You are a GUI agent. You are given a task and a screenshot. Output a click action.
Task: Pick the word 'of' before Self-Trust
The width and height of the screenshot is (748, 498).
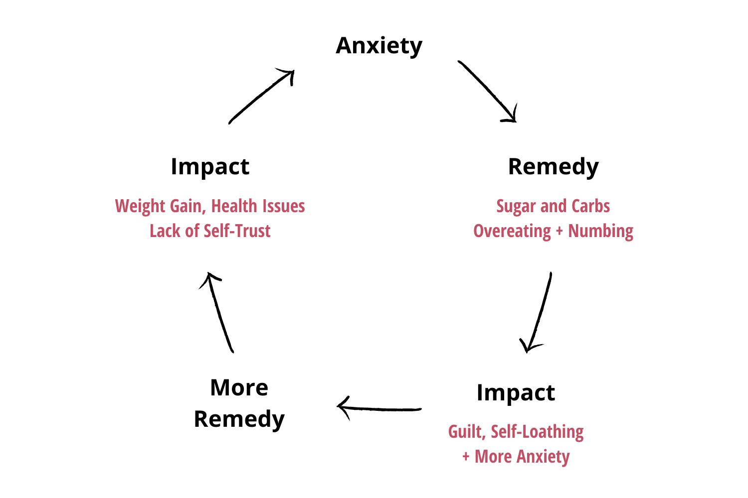tap(192, 231)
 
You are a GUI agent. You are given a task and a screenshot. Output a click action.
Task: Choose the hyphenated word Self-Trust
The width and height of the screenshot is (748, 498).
tap(237, 231)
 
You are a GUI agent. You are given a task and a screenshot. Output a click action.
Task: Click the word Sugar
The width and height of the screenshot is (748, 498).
tap(515, 206)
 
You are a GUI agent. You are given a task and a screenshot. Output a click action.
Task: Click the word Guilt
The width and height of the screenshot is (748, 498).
tap(466, 432)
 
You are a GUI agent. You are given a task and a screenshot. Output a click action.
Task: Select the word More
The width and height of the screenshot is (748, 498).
tap(493, 457)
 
